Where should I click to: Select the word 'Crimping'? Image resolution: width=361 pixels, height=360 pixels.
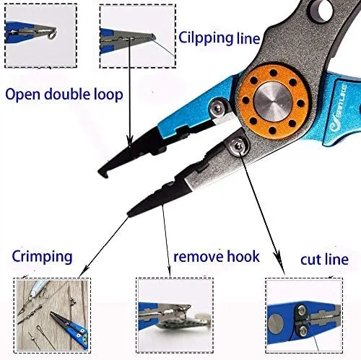pos(41,257)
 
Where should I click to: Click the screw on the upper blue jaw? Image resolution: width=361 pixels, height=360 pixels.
pos(216,107)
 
